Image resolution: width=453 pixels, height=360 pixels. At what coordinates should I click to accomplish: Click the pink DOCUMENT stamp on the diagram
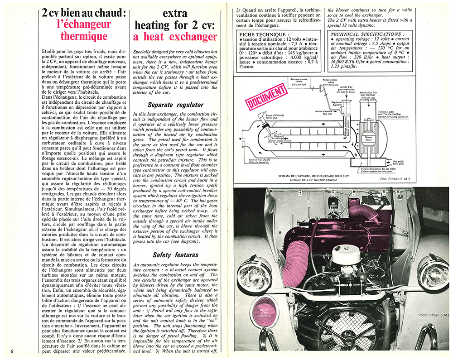(267, 96)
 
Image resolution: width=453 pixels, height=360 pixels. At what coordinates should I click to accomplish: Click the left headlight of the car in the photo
(254, 274)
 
